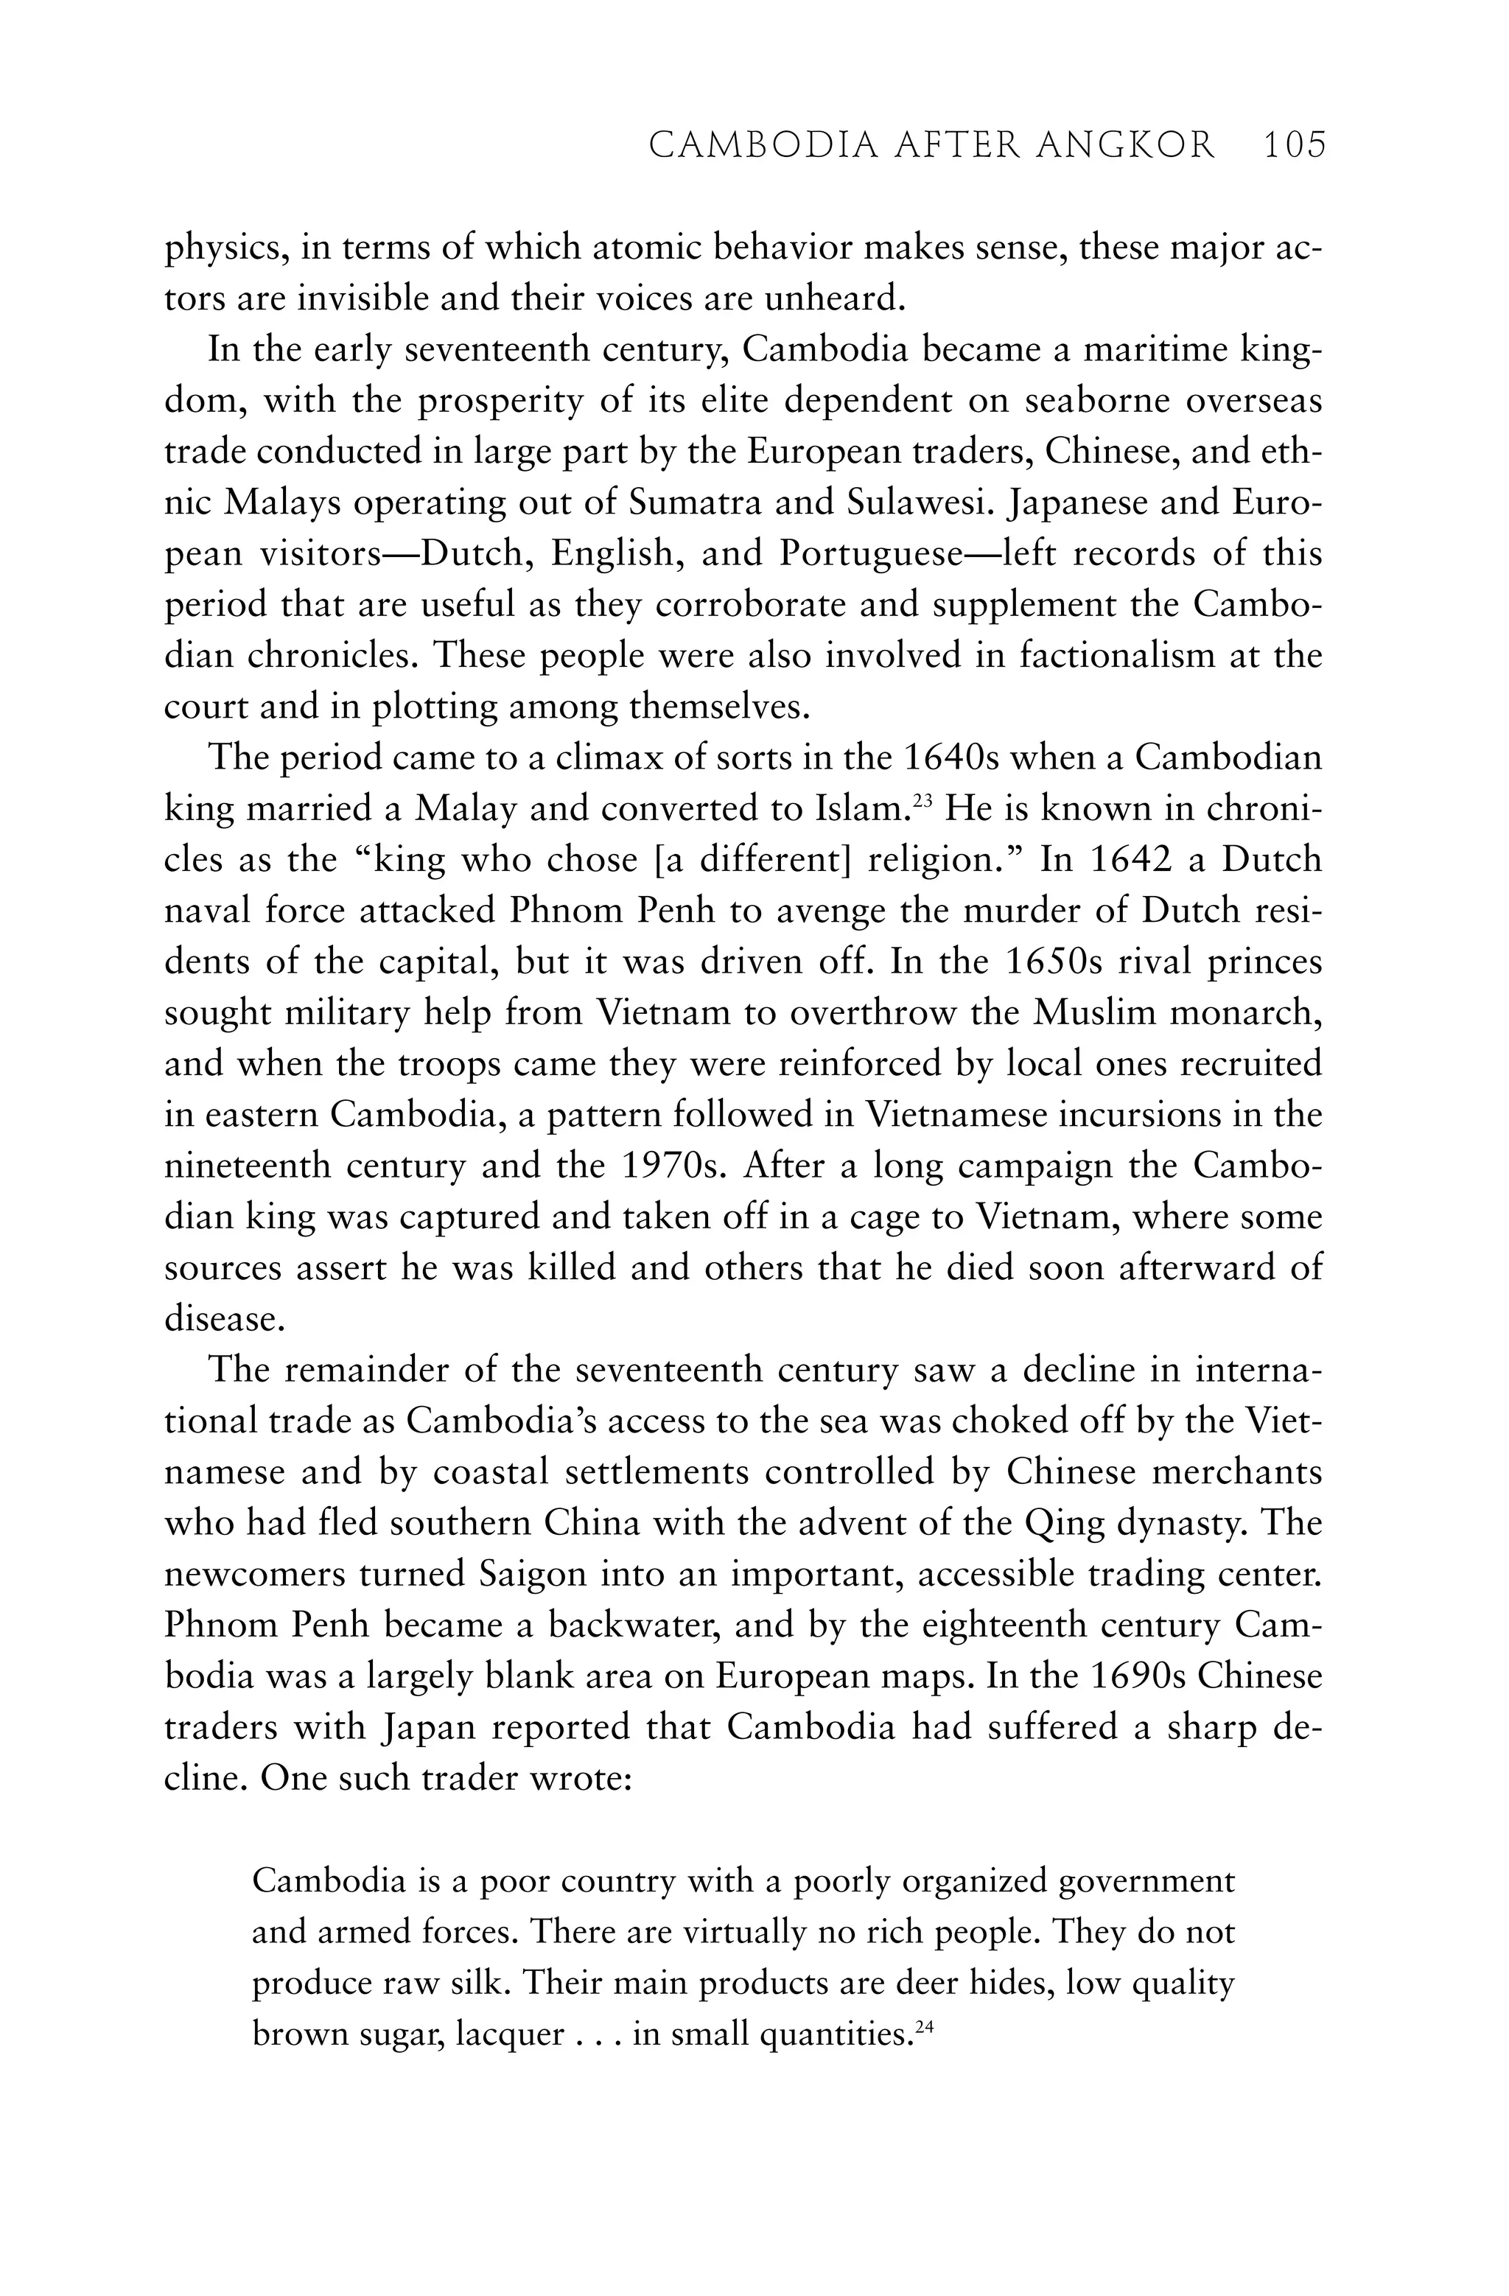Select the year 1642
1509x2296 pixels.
tap(1129, 858)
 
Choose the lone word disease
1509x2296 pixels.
tap(224, 1317)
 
